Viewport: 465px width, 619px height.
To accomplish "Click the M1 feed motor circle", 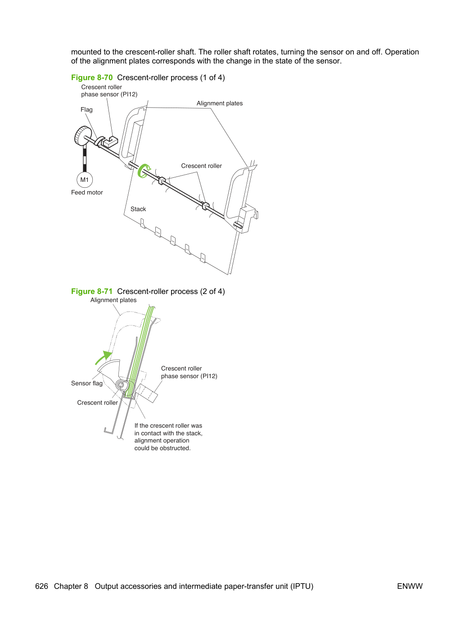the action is (x=85, y=180).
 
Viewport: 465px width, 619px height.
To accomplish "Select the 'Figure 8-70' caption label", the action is (x=92, y=77).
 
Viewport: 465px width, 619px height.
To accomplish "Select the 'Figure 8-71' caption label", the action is (x=92, y=291).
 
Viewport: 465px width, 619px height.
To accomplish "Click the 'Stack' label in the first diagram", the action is (x=138, y=209).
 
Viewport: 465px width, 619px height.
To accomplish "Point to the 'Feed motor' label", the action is (x=87, y=192).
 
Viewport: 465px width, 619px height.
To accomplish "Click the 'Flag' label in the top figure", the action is (x=86, y=109).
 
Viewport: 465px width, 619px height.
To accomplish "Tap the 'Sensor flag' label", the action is (x=87, y=383).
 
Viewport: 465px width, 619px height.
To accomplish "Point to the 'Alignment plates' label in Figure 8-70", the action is (x=220, y=103).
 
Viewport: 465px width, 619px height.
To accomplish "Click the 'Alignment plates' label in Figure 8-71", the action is (x=113, y=300).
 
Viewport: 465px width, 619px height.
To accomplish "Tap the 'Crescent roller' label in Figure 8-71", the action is (x=97, y=402).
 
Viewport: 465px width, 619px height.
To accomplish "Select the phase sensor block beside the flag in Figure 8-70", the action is (x=111, y=141).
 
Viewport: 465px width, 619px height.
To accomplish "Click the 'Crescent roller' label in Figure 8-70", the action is (x=201, y=166).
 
